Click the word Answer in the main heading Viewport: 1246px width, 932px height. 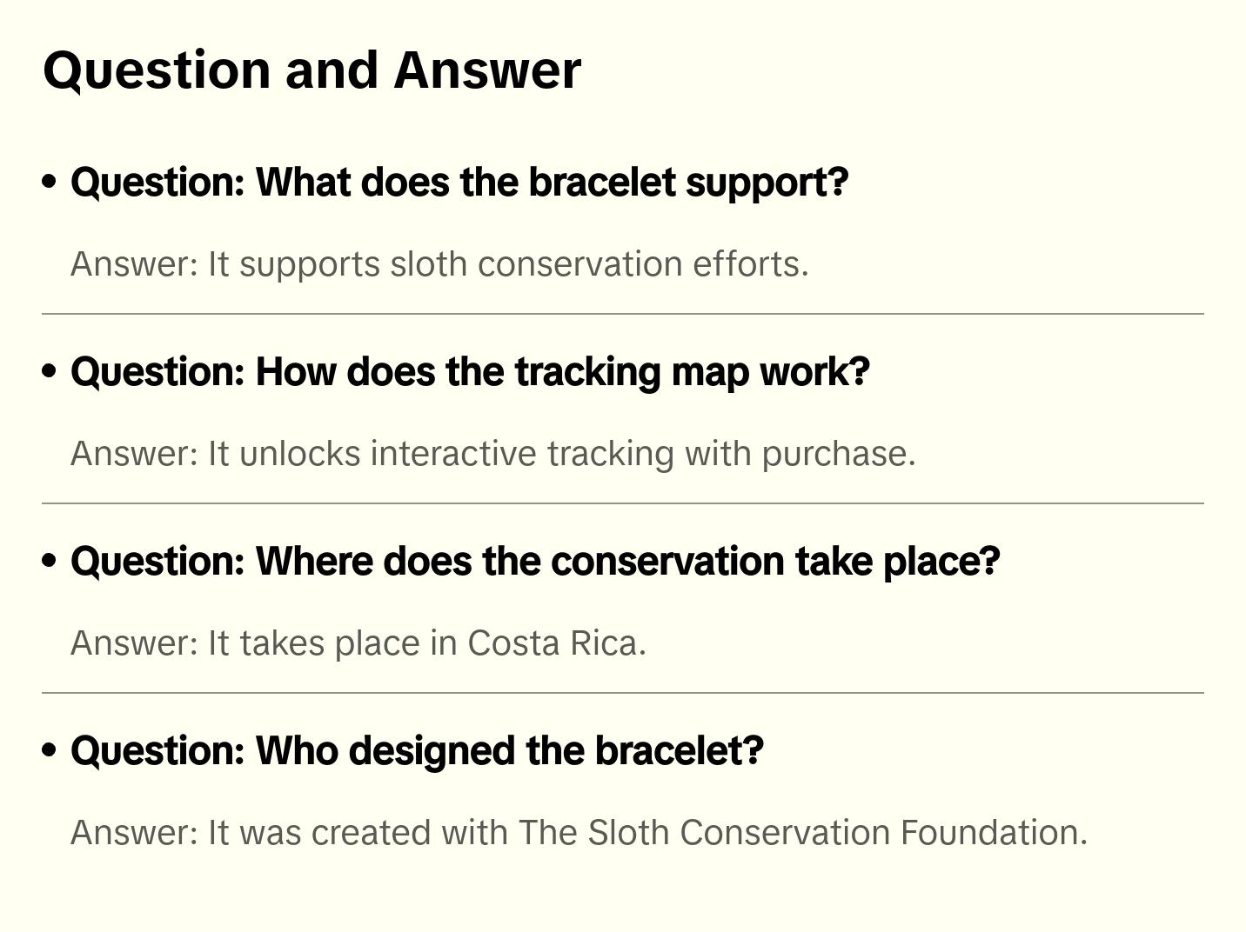(487, 70)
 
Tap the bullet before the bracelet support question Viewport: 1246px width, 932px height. (50, 182)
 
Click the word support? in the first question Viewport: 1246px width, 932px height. (767, 183)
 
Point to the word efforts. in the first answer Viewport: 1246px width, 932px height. (751, 264)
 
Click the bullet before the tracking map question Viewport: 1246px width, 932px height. (50, 371)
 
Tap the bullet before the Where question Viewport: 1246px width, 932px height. (50, 561)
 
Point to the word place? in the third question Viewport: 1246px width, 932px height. (941, 562)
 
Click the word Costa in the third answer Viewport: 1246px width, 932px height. (514, 643)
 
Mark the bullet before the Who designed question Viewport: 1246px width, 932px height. (50, 750)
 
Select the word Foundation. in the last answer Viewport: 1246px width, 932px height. (994, 833)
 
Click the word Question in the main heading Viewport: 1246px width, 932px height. (157, 70)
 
